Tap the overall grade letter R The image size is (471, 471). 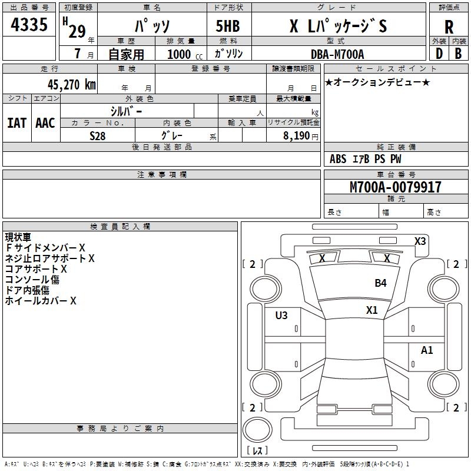[x=449, y=28]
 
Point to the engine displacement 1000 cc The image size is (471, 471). [x=184, y=54]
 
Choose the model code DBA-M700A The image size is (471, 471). [x=337, y=54]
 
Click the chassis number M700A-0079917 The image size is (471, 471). [x=395, y=187]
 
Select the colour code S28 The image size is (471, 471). [x=98, y=135]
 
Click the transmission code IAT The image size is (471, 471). [x=16, y=123]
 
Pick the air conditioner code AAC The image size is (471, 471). [x=45, y=123]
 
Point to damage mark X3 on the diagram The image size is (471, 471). [x=420, y=241]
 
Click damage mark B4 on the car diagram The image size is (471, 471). [x=381, y=283]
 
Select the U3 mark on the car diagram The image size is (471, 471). [x=281, y=316]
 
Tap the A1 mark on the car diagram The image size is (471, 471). [x=427, y=350]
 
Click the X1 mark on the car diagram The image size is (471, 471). [x=372, y=310]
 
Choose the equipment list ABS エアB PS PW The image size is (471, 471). [x=366, y=159]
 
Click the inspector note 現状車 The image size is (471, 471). [x=18, y=237]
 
